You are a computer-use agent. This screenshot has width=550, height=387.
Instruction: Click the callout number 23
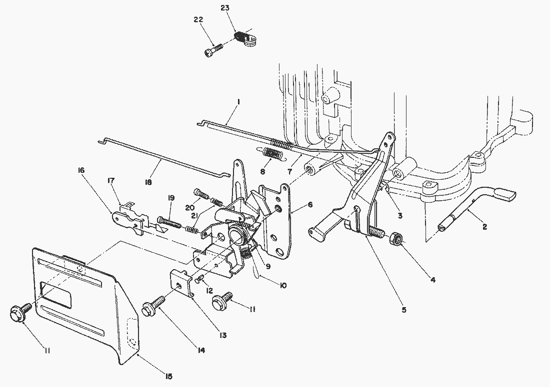tap(225, 8)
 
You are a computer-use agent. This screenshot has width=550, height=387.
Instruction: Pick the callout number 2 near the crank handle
tap(484, 226)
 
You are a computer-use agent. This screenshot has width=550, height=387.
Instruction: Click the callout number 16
tap(81, 170)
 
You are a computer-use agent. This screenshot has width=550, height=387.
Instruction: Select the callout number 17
tap(111, 179)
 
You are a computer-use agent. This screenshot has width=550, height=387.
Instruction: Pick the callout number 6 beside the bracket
tap(310, 204)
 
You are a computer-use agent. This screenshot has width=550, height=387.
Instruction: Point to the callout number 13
tap(223, 336)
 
